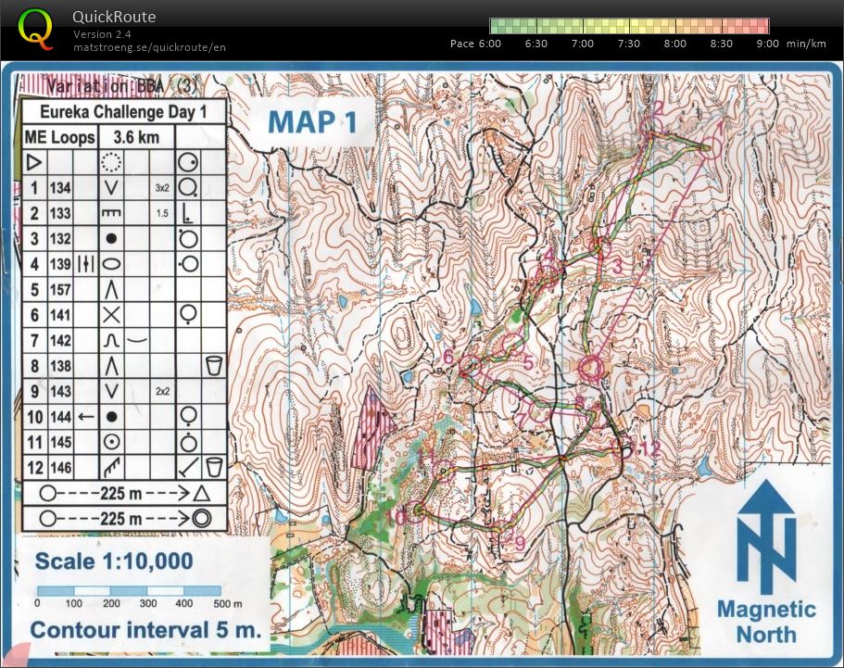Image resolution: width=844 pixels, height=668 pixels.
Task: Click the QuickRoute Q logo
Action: [x=36, y=29]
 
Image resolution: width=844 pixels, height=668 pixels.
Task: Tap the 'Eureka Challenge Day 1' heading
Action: [x=122, y=112]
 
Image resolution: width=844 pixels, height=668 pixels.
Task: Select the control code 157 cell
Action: [x=61, y=289]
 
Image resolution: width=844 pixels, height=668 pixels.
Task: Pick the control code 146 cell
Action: [x=61, y=467]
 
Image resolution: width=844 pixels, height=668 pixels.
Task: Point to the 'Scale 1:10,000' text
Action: [x=114, y=561]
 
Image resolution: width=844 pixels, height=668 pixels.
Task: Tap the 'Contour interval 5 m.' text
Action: [x=145, y=631]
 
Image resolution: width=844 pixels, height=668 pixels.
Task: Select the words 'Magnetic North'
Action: [x=767, y=622]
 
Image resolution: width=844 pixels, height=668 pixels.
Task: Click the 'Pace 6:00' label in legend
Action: [x=475, y=44]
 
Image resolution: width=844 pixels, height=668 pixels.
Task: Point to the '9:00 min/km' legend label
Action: [x=790, y=44]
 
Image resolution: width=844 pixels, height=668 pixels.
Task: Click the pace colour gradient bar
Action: [x=629, y=26]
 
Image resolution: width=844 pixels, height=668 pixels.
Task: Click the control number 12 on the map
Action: [x=650, y=449]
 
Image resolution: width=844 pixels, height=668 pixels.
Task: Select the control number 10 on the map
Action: [x=398, y=517]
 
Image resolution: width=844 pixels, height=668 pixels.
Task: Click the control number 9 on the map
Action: [x=519, y=542]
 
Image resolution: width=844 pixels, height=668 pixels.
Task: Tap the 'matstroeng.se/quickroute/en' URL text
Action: [x=149, y=46]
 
